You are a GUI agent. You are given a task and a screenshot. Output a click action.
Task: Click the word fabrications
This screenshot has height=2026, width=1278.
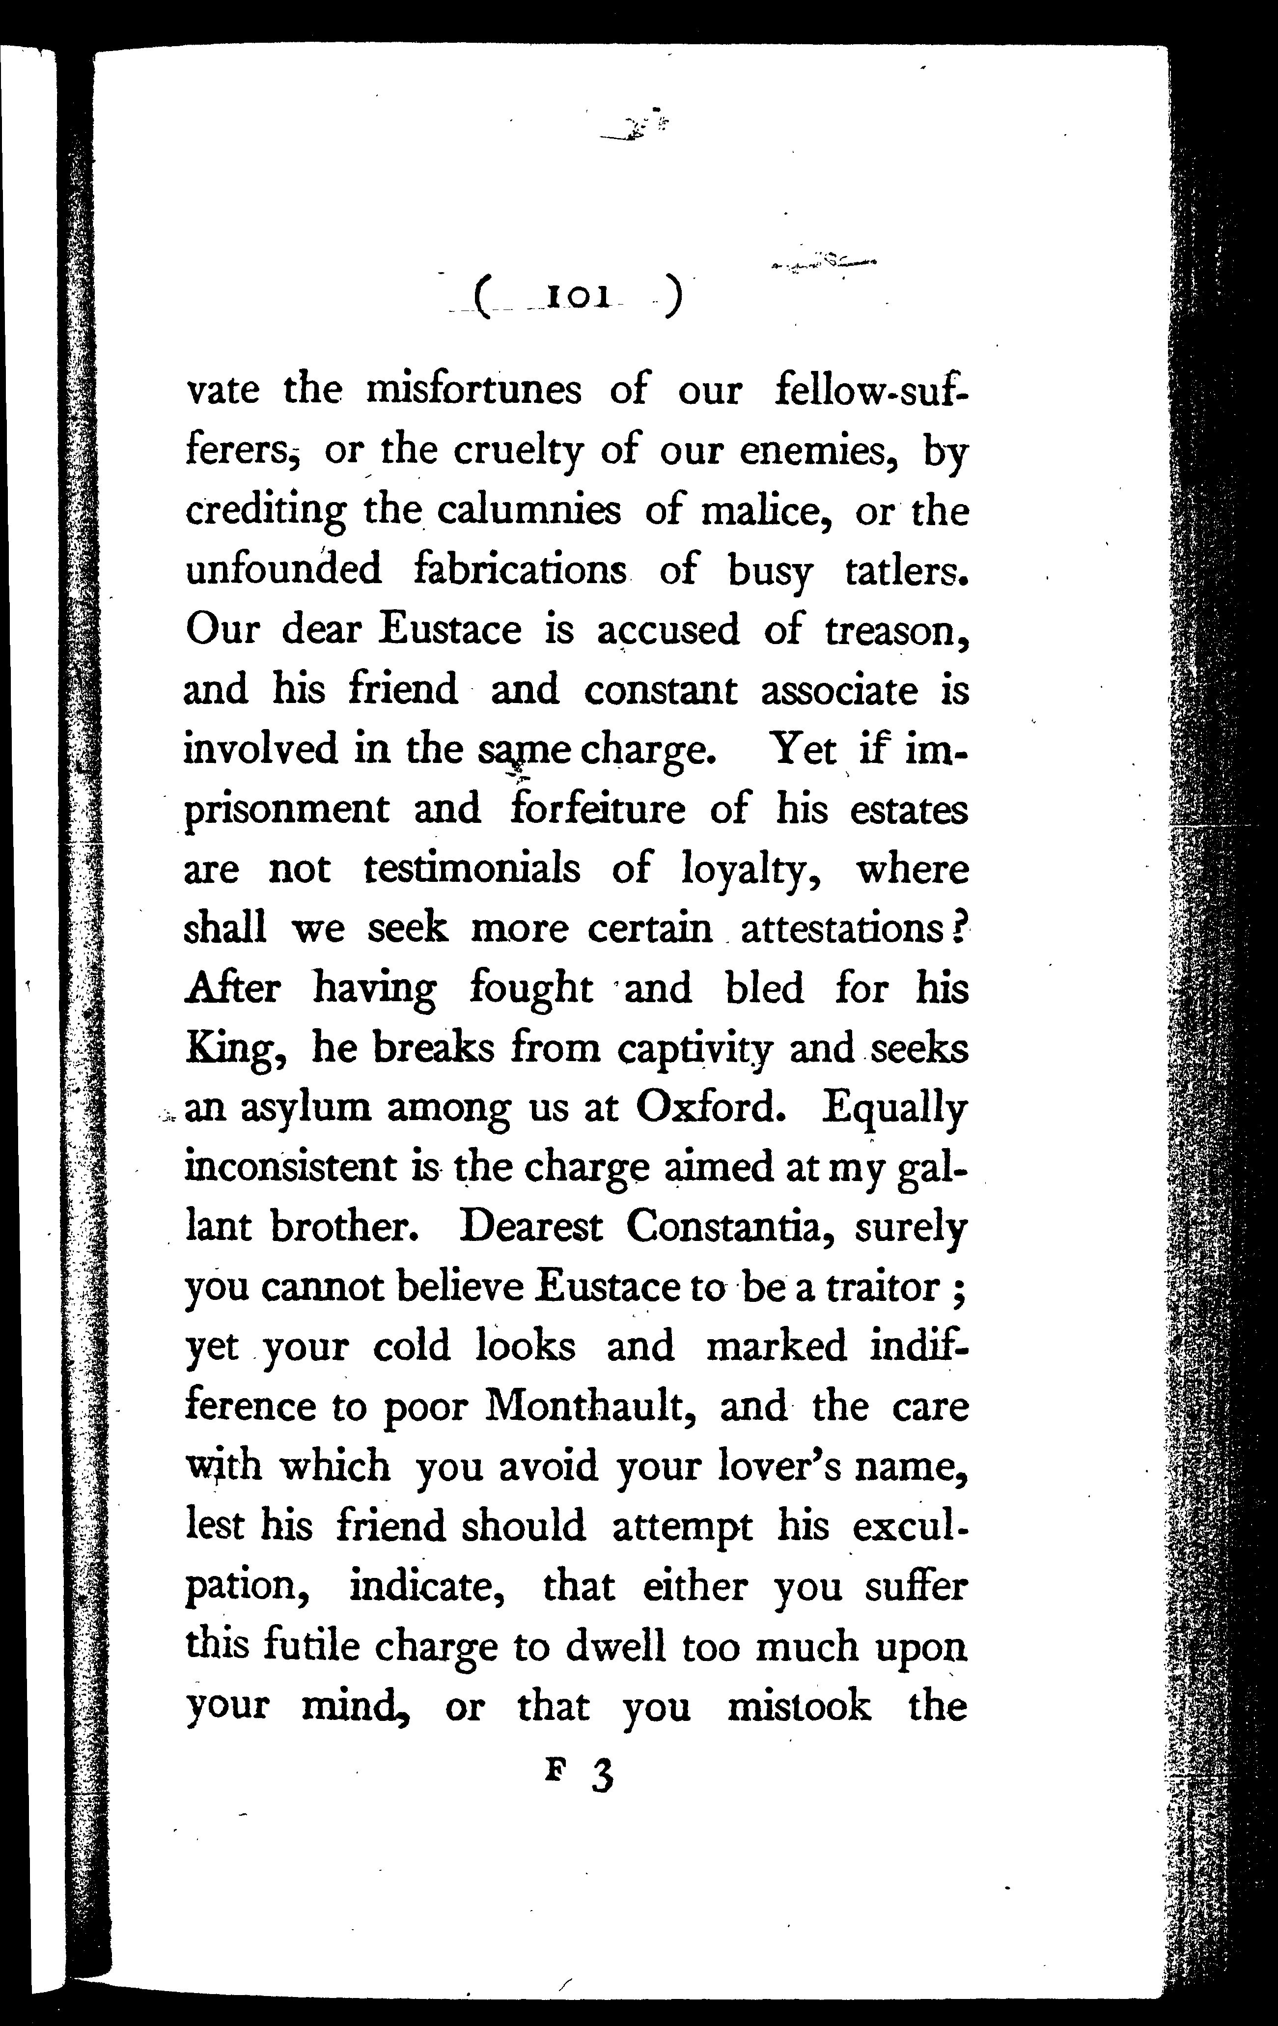pyautogui.click(x=521, y=569)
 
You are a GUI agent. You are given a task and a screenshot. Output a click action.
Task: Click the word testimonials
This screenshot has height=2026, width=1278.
pyautogui.click(x=472, y=869)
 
